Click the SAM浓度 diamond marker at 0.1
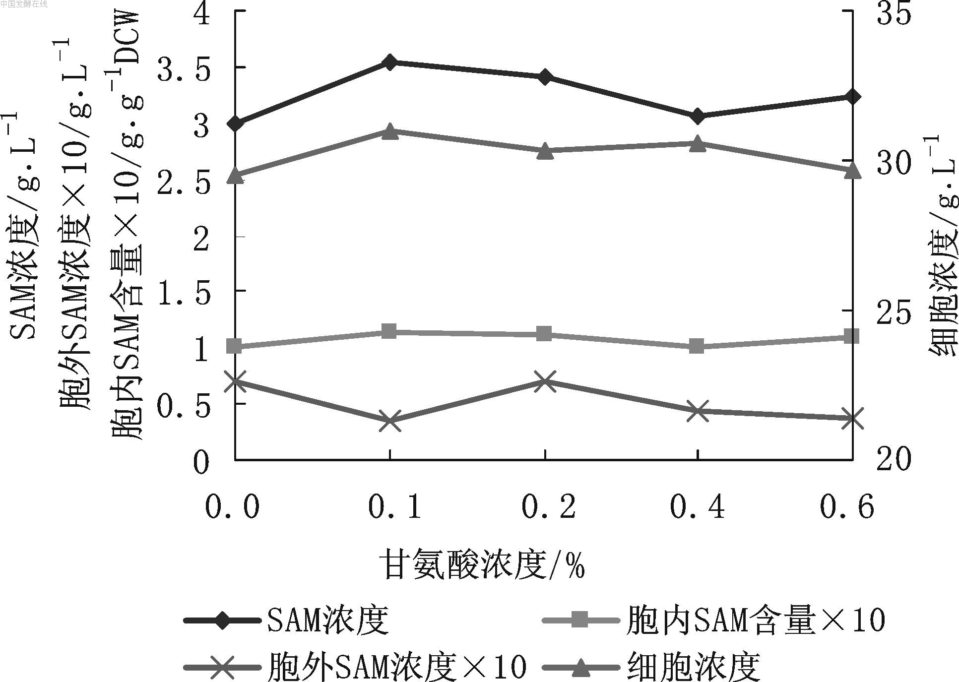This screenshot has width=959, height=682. (x=390, y=62)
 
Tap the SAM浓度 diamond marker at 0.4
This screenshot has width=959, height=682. (x=698, y=116)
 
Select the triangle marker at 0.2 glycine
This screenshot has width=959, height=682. (x=545, y=151)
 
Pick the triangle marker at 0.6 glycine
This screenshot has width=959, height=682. (x=852, y=170)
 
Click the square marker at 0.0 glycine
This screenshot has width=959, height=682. (x=235, y=346)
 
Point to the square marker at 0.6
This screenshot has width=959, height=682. (x=852, y=337)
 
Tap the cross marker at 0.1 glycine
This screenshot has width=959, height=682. (x=390, y=421)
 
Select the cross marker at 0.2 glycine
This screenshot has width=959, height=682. (x=545, y=381)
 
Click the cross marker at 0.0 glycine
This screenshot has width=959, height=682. (x=235, y=381)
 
